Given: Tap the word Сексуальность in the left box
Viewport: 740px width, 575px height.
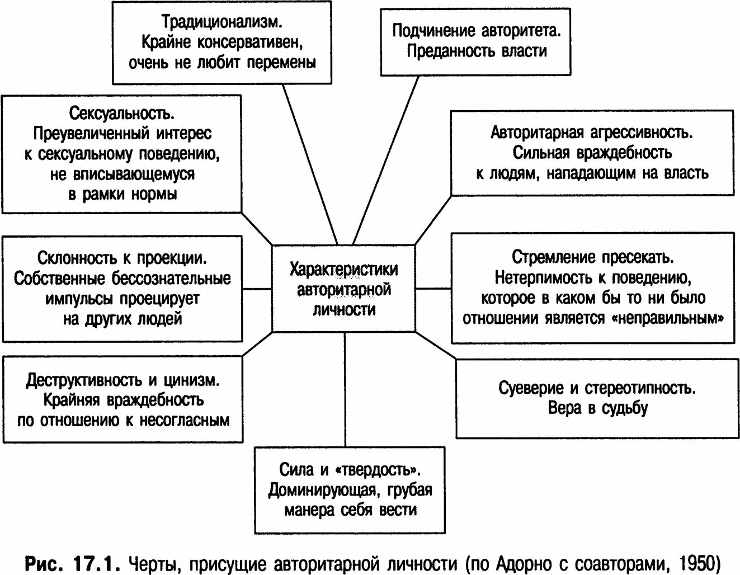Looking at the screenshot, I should tap(122, 114).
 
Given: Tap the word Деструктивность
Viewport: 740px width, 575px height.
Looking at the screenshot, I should tap(84, 380).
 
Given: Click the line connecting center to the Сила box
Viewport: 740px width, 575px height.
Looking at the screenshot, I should tap(345, 392).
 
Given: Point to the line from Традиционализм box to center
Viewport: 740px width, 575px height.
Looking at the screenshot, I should tap(308, 162).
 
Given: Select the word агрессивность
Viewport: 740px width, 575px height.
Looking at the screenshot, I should tap(640, 133).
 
